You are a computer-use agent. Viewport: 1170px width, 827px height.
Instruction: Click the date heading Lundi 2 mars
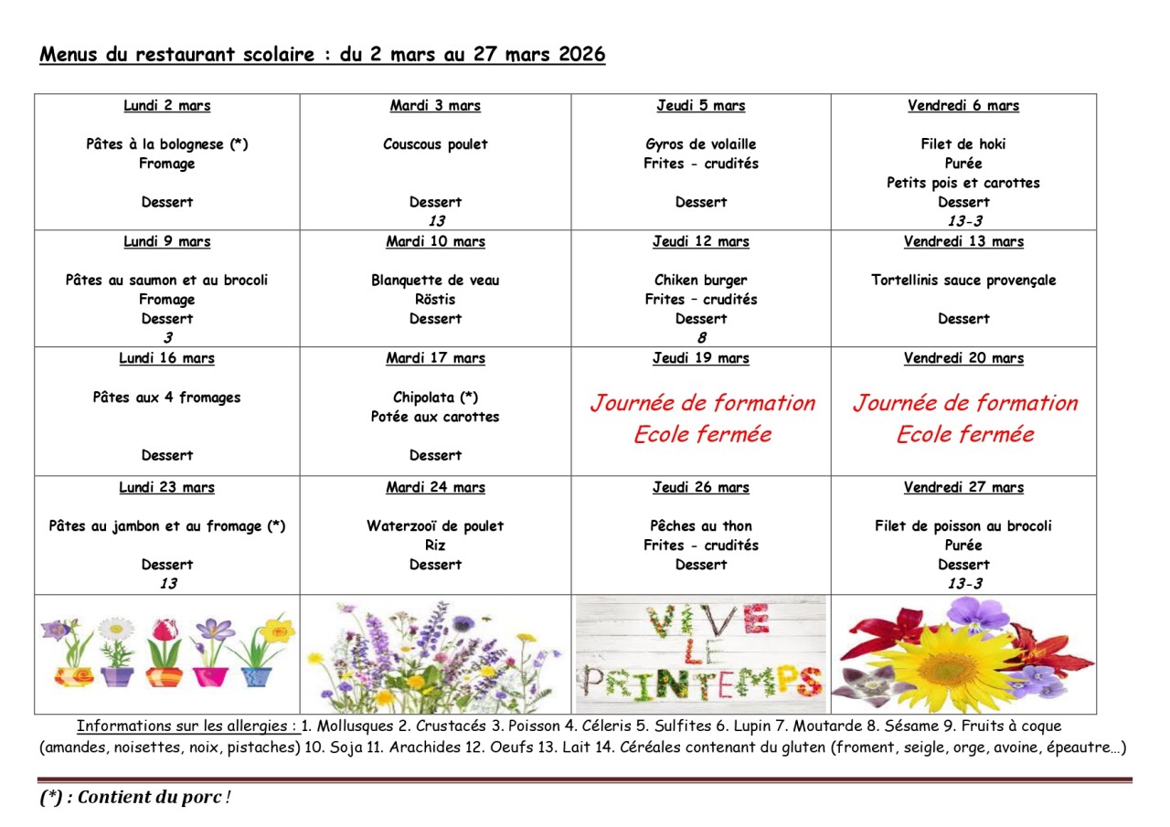tap(167, 106)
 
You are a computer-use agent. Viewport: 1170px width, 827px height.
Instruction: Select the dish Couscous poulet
tap(435, 144)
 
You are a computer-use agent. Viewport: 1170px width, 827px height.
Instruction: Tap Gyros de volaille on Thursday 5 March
tap(700, 144)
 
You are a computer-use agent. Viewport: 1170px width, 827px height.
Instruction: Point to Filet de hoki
tap(963, 144)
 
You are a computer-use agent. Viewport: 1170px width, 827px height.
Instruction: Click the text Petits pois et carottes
tap(963, 183)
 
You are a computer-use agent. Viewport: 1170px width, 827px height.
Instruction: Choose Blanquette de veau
tap(435, 281)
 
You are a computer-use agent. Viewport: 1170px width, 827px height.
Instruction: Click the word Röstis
tap(435, 300)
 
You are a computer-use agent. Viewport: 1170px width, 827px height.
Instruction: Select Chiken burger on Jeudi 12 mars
tap(700, 281)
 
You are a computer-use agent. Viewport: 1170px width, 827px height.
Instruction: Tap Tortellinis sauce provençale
tap(963, 281)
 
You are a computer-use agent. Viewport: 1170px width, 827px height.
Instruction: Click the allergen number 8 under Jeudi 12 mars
tap(701, 338)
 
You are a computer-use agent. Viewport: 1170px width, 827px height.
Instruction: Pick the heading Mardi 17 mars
tap(435, 358)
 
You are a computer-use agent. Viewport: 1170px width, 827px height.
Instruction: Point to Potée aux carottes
tap(435, 417)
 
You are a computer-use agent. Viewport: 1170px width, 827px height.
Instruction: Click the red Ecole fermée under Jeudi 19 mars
tap(701, 434)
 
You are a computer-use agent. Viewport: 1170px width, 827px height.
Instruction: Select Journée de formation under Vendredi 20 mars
tap(964, 403)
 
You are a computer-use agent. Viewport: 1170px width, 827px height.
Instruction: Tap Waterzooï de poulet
tap(435, 526)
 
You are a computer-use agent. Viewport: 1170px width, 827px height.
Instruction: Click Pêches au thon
tap(700, 526)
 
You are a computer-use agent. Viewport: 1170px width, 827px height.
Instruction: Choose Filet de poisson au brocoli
tap(963, 526)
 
